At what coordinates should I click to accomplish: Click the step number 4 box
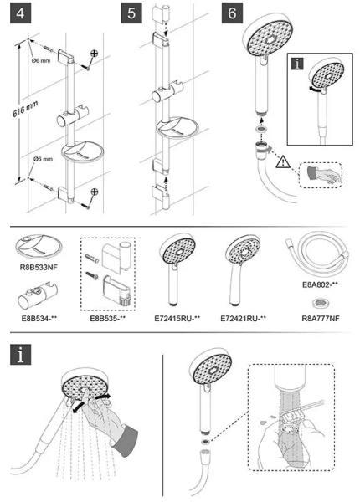click(x=20, y=13)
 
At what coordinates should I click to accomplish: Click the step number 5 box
click(x=131, y=13)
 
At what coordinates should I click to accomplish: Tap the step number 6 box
click(x=232, y=13)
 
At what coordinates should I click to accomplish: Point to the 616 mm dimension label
click(x=25, y=109)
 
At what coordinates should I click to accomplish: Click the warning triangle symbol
click(x=283, y=162)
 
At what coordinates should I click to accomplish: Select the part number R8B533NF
click(x=39, y=267)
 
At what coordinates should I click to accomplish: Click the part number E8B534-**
click(x=39, y=319)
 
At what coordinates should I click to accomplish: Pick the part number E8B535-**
click(x=108, y=319)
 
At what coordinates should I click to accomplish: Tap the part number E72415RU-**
click(x=177, y=319)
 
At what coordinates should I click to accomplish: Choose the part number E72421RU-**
click(x=244, y=319)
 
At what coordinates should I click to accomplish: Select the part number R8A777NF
click(x=321, y=319)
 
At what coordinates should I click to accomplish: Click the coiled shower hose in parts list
click(x=316, y=254)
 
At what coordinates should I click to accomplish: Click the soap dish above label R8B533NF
click(x=39, y=247)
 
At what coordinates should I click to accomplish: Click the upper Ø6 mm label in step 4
click(x=41, y=60)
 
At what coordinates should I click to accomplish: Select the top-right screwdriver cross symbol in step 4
click(x=94, y=54)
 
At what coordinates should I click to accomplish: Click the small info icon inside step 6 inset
click(x=298, y=64)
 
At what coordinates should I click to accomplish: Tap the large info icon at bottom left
click(x=20, y=355)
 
